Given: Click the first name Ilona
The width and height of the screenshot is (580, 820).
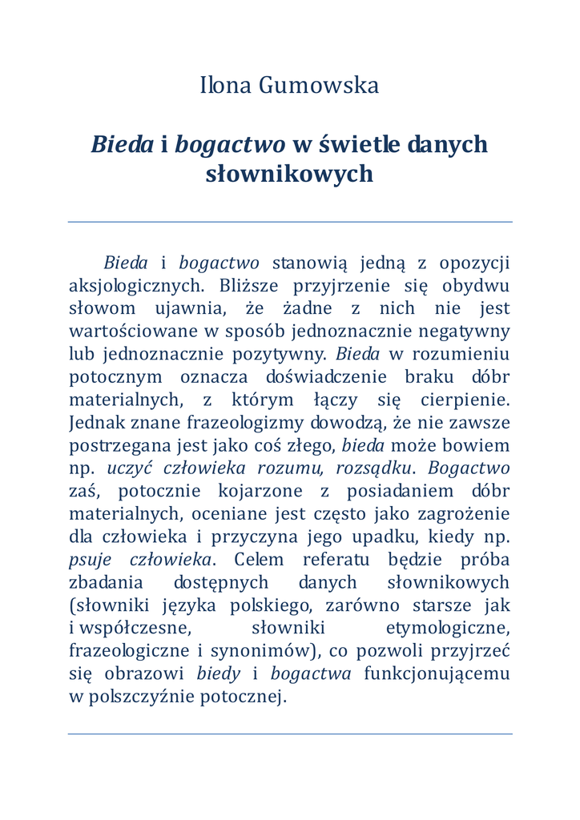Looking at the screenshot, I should (x=226, y=86).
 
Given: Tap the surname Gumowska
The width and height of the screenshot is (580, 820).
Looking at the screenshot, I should (x=319, y=86).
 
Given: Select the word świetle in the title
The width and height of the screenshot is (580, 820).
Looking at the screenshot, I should (x=359, y=145).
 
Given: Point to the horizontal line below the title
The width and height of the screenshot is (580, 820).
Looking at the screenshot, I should (x=290, y=222).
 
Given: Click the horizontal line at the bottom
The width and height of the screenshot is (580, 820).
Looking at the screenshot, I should (x=290, y=734).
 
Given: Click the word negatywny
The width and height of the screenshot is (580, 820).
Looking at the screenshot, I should (x=469, y=332).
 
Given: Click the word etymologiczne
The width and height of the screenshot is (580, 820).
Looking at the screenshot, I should (x=448, y=628).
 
